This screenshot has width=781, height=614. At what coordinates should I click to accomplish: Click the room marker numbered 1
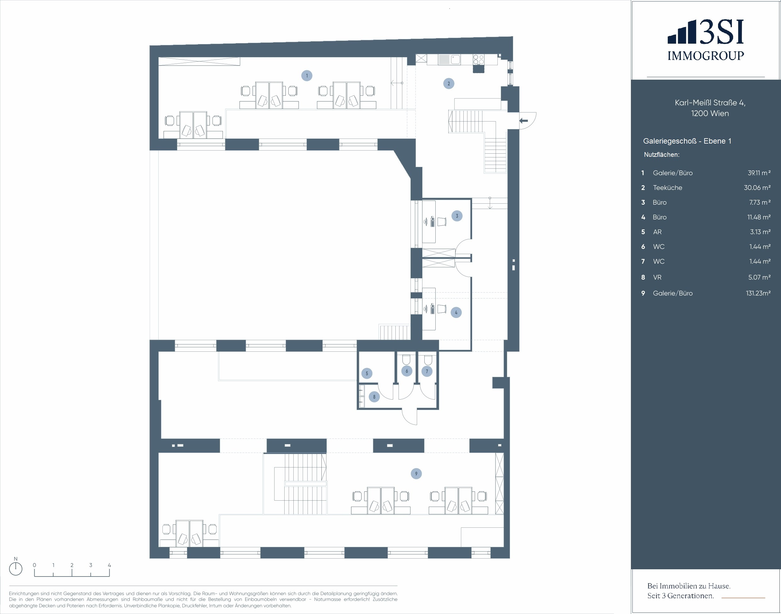307,76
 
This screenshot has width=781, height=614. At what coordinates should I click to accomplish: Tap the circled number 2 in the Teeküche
449,83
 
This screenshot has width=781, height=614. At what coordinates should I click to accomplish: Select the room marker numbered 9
416,474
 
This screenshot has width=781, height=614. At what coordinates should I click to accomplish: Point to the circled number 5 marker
367,373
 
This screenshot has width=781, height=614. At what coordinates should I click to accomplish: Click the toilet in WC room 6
406,360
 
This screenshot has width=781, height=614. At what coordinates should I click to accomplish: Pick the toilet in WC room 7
428,360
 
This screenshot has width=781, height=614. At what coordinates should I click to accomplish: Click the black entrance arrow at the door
524,120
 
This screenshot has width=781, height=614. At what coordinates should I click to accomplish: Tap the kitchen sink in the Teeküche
456,59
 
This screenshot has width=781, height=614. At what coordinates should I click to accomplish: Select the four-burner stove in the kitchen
478,59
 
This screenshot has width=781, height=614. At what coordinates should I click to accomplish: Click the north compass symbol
15,568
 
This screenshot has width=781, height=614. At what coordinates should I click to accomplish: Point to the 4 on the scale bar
109,565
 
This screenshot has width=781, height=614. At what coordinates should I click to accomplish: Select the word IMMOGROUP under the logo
705,56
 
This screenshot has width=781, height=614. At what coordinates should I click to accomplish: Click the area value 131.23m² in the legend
758,293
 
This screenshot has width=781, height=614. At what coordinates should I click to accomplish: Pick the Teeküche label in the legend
667,188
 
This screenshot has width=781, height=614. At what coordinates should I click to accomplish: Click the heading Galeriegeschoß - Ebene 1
687,141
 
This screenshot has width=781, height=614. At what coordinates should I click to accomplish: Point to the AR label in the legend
657,232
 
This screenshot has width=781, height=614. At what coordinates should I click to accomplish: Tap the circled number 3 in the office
457,216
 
